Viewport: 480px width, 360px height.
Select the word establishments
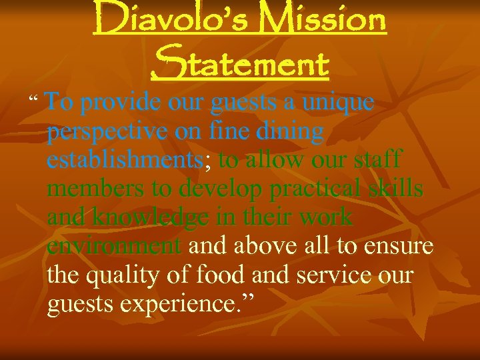pyautogui.click(x=125, y=161)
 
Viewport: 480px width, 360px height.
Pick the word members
pyautogui.click(x=96, y=189)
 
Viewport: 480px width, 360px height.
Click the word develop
pyautogui.click(x=220, y=190)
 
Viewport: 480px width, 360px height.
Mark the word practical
pyautogui.click(x=315, y=190)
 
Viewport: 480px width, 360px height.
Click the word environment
pyautogui.click(x=114, y=247)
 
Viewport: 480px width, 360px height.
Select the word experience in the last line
pyautogui.click(x=175, y=305)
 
